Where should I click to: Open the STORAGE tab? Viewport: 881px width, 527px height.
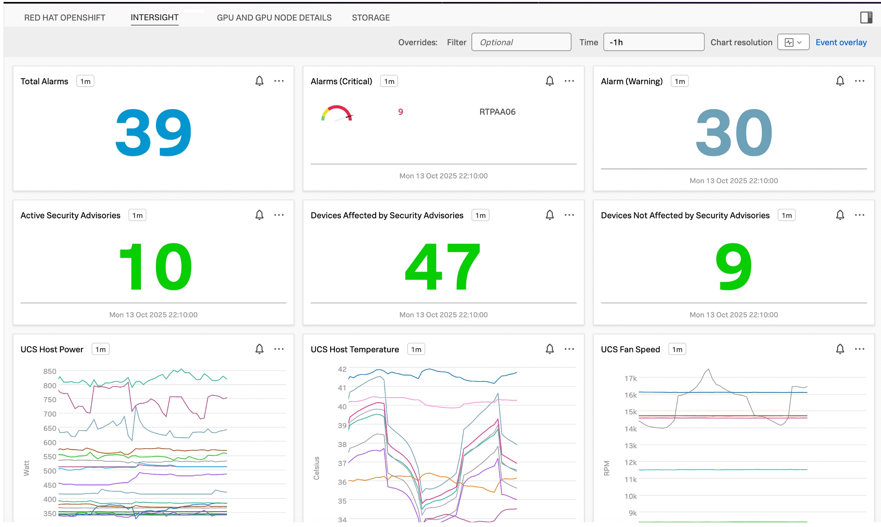370,18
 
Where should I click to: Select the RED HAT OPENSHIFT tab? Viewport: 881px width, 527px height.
65,18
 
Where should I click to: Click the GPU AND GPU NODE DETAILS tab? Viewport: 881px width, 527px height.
274,18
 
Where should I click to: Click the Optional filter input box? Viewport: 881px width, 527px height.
521,42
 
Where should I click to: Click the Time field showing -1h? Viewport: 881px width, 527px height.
653,42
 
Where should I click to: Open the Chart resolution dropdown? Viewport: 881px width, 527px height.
793,42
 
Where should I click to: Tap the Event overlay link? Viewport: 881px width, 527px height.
841,42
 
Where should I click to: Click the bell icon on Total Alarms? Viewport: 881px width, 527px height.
259,81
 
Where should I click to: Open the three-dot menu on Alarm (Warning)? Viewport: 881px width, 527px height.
859,81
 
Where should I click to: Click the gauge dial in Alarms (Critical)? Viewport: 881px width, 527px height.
337,114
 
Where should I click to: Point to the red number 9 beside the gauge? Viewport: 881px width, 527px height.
401,112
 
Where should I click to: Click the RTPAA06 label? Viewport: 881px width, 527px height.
497,112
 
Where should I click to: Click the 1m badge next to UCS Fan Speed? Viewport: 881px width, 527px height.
677,349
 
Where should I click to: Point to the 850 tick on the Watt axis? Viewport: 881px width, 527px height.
50,372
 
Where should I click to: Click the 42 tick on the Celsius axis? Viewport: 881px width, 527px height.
342,370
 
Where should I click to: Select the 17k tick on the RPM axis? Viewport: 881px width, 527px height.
630,379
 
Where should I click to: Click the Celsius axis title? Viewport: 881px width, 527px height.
316,468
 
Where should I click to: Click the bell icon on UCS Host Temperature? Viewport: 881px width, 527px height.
549,349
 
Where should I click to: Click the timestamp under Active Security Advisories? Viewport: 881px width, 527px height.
153,315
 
